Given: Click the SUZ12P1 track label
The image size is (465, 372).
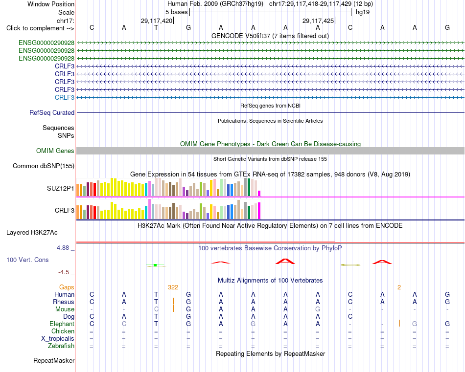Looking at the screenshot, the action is coord(61,188).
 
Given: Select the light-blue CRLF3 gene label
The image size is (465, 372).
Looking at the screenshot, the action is coord(65,97).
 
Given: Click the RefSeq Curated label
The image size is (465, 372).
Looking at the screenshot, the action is coord(52,112).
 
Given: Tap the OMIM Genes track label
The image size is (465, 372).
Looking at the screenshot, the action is coord(55,151).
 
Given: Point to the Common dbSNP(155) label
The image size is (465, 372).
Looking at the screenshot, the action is coord(44,166).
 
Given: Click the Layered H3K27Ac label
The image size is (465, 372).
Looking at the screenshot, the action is coord(32,233).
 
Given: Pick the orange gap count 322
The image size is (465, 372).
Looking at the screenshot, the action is coord(173,287).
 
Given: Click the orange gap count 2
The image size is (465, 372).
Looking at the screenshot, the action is coord(399,287).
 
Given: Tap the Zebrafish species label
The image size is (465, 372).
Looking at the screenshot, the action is coord(61,346).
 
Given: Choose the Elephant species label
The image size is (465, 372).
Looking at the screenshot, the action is coord(62,324).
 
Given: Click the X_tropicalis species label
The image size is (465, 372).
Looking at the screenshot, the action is coord(58,339).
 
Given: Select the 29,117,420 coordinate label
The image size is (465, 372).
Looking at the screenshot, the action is coord(157,21).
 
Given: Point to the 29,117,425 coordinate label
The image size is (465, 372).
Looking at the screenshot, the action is coord(318,21).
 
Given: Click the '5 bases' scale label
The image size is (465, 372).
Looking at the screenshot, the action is coord(176,12).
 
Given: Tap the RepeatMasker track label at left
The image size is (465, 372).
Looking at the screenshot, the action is coord(54,360).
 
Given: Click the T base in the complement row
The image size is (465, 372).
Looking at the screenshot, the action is coord(156,27).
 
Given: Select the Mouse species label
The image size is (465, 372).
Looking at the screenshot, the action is coord(65,309).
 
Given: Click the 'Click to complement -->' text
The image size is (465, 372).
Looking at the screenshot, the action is coord(40,28).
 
